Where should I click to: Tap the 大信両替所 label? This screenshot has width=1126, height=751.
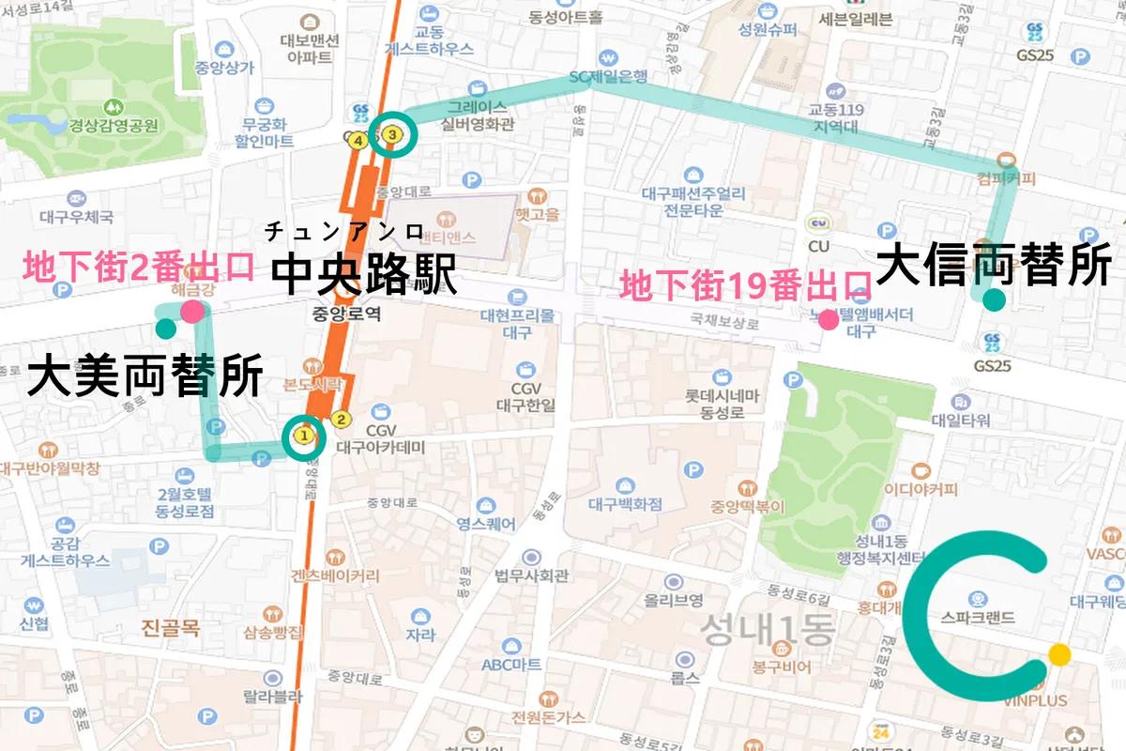click(998, 265)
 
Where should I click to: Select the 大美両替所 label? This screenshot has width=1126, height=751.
click(145, 376)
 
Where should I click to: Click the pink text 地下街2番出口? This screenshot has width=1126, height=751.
click(139, 268)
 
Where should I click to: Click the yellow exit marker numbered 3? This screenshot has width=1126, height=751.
click(394, 135)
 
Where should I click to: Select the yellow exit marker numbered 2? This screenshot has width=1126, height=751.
click(342, 420)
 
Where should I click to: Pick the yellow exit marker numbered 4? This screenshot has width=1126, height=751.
click(358, 141)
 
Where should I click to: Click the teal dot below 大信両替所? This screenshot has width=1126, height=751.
click(993, 300)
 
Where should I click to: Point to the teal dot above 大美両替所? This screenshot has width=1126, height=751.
click(166, 329)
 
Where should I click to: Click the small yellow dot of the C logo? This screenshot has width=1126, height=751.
click(1059, 654)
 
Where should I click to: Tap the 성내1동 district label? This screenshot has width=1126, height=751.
click(768, 628)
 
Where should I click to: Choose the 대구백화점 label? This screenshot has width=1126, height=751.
click(625, 504)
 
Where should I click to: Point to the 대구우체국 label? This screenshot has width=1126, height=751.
click(77, 217)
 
